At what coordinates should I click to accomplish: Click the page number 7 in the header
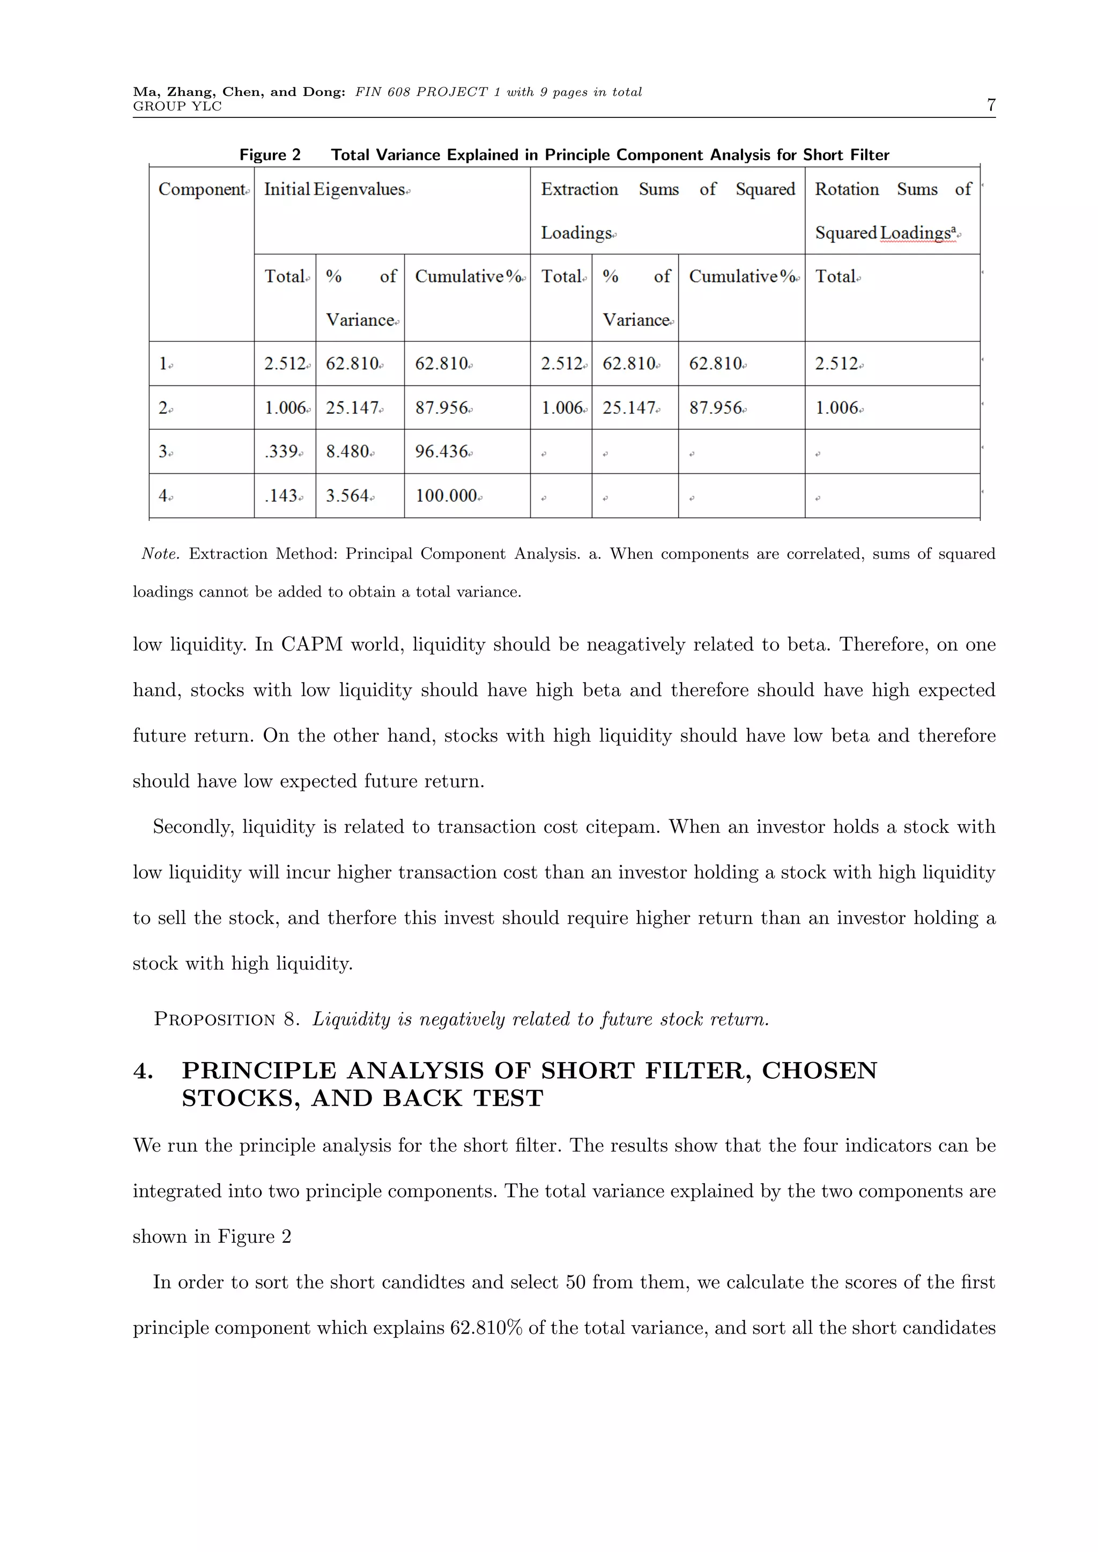[990, 105]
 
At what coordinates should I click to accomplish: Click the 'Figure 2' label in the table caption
[270, 155]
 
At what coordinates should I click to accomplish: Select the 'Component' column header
[202, 190]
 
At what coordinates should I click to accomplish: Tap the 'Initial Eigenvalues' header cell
[335, 190]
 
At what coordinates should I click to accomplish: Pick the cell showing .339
[282, 452]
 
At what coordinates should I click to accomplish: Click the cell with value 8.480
[347, 452]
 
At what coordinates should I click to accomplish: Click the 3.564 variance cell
[347, 496]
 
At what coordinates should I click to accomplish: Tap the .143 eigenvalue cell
[281, 496]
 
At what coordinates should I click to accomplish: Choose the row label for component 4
[163, 496]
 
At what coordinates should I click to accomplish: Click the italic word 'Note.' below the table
[160, 554]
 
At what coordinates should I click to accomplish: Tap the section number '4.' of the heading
[143, 1071]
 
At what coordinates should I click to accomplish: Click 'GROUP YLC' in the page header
[177, 107]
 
